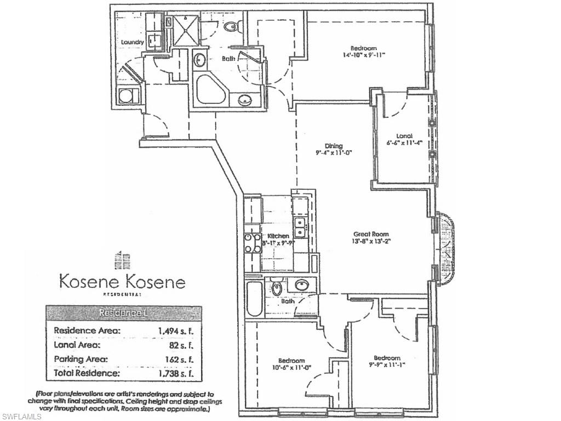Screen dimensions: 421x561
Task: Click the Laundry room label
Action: (133, 42)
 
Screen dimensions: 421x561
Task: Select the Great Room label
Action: (371, 234)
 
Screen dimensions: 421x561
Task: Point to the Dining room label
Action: (334, 146)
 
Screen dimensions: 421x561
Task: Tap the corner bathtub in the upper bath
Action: (209, 90)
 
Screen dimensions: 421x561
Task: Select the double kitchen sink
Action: (299, 224)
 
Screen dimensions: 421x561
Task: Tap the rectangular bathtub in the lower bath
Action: (254, 299)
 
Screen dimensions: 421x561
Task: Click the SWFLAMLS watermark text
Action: (21, 416)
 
